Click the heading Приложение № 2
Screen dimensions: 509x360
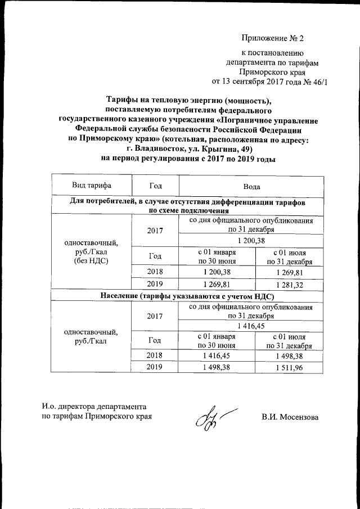click(272, 39)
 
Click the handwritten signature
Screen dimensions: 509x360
click(209, 418)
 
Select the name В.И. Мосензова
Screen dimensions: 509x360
click(290, 417)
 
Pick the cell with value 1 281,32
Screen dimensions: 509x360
click(289, 285)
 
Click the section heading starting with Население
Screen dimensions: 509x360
click(187, 295)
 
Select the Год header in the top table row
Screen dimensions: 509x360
click(155, 185)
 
